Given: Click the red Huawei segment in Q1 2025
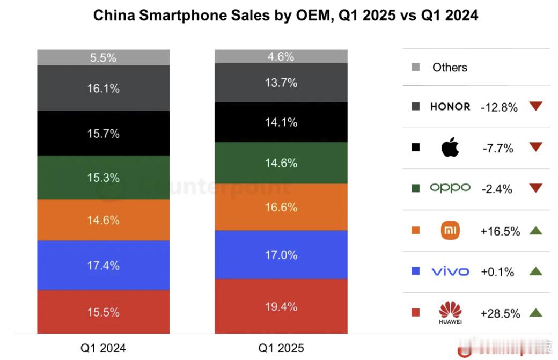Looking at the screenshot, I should [281, 306].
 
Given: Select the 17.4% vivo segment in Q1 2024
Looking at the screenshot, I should [103, 265].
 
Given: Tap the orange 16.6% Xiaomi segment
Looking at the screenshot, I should [281, 207].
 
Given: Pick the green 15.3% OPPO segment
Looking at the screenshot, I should [103, 178].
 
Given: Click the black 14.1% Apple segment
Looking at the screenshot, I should [281, 122].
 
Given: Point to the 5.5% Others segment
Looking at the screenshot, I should [103, 58].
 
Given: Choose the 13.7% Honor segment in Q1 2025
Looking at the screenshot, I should [281, 83].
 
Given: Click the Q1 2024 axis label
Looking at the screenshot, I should [103, 348].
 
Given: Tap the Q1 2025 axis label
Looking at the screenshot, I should [281, 348].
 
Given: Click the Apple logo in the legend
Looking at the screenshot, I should [450, 148].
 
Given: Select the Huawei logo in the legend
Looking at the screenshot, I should [450, 312].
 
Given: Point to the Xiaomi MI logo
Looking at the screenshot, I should [450, 231].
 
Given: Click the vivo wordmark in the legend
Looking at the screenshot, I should [450, 271].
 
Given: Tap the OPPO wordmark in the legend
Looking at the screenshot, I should [450, 188].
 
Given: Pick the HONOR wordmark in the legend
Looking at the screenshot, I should [450, 106].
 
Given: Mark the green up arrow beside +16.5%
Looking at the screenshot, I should [535, 231].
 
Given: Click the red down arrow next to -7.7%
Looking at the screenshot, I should [535, 148].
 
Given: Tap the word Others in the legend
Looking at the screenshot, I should [450, 68].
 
